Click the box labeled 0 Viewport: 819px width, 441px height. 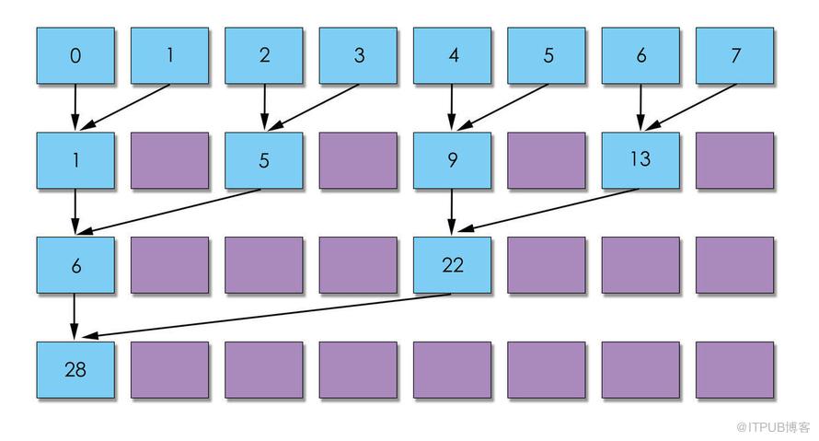[75, 55]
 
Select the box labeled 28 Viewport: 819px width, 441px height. [75, 370]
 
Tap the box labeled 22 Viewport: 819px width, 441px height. [453, 265]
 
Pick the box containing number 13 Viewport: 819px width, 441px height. [640, 160]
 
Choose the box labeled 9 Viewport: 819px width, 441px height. [453, 160]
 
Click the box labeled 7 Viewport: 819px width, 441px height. [735, 55]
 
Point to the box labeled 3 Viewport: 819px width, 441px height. [358, 55]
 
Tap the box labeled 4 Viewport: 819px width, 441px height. [453, 55]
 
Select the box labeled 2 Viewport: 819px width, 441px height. [264, 55]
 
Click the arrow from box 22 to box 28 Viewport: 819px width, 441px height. [266, 316]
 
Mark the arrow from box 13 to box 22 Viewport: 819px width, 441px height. [548, 210]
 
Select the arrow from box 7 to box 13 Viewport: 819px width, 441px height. [689, 107]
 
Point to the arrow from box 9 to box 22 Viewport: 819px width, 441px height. [453, 211]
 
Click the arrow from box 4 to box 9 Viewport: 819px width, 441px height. [453, 107]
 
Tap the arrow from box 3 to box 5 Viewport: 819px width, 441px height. [314, 107]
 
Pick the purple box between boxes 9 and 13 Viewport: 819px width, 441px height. [547, 160]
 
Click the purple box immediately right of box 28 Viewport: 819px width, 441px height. [169, 370]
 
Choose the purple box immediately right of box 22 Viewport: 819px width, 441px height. [547, 265]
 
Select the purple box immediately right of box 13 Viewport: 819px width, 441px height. [735, 160]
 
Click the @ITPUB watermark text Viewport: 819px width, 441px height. [772, 427]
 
